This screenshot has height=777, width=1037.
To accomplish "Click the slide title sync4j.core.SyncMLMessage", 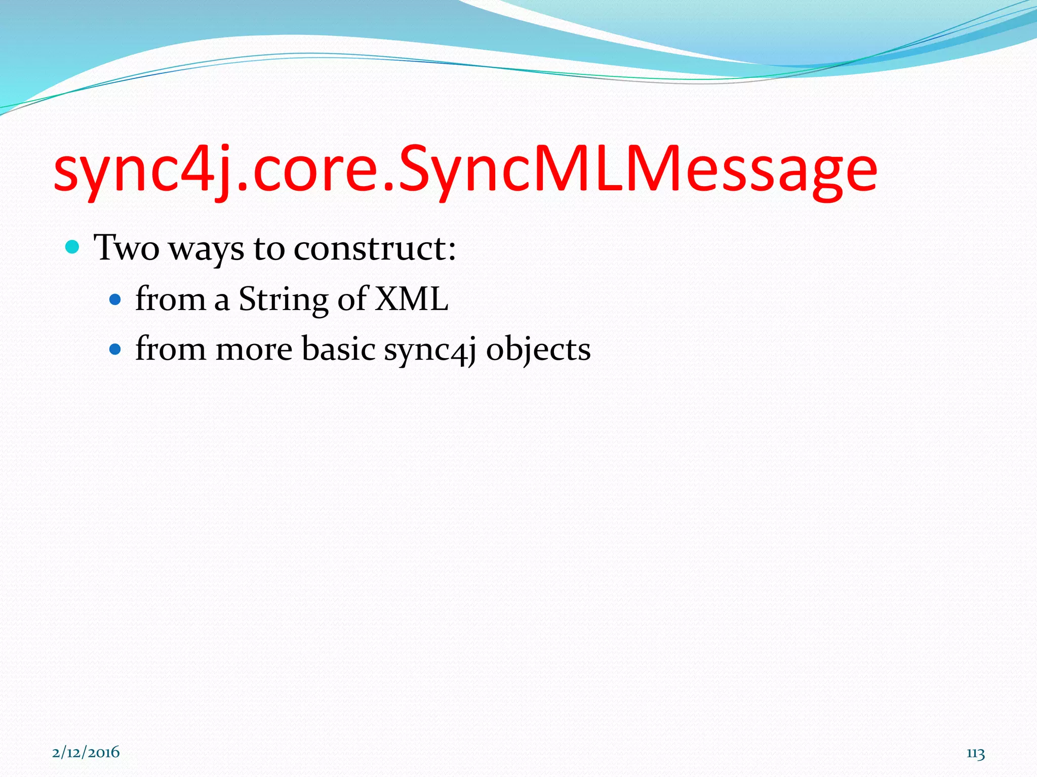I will [x=465, y=170].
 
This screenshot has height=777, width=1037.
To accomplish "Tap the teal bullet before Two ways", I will [x=73, y=247].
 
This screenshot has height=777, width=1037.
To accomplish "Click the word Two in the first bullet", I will [x=127, y=248].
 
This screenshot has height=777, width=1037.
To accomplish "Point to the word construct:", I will [x=375, y=248].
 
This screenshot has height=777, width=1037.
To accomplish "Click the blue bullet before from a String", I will [x=115, y=300].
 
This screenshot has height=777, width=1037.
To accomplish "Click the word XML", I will [x=411, y=299].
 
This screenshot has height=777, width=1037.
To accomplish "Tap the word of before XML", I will [x=352, y=299].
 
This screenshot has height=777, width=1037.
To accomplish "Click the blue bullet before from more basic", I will [x=115, y=349].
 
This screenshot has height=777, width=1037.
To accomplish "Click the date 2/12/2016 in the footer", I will [x=86, y=752].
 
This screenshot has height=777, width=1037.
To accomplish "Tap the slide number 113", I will [x=975, y=753].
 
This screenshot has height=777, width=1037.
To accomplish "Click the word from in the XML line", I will [x=170, y=299].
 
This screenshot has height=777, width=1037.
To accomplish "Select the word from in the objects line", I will [x=170, y=349].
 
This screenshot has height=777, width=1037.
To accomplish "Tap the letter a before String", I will [x=222, y=301].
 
